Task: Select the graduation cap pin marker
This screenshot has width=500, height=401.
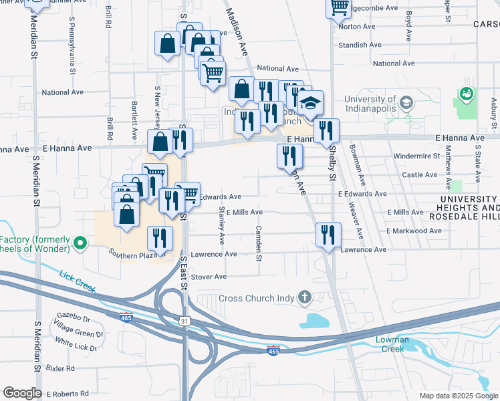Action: (310, 104)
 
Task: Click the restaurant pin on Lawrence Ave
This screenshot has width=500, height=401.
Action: (328, 236)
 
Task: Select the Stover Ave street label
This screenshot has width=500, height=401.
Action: (209, 277)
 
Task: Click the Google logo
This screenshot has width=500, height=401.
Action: (22, 393)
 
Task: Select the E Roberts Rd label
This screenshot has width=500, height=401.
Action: (66, 394)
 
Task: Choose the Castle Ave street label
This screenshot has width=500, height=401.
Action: (420, 175)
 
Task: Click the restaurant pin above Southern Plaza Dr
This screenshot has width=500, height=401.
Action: (160, 239)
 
